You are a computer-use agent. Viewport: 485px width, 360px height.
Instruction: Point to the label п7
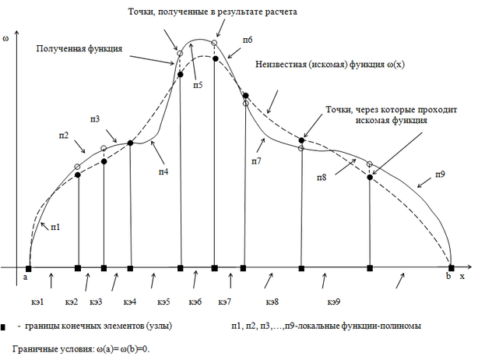tap(256, 160)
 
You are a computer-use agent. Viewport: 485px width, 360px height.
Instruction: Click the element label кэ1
tap(38, 301)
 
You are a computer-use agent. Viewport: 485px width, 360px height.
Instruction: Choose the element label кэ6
tap(195, 301)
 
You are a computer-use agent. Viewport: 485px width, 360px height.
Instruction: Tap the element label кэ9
tap(332, 301)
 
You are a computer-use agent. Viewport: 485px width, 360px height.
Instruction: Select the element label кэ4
tap(129, 301)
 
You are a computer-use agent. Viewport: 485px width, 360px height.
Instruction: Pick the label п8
tap(322, 178)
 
